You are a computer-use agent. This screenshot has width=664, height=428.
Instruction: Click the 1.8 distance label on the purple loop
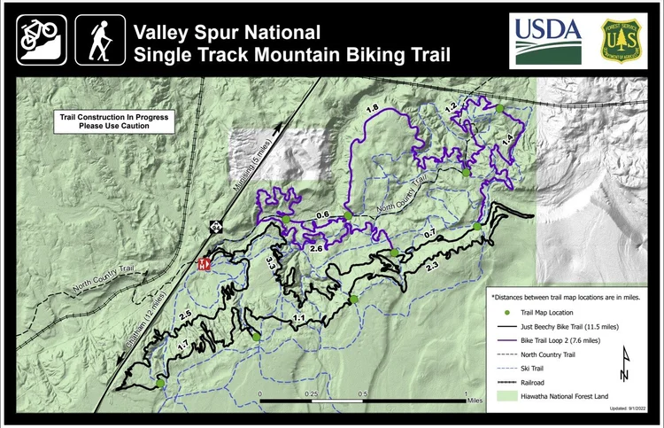pos(373,108)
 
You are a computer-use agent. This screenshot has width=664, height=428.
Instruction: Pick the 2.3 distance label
pos(432,267)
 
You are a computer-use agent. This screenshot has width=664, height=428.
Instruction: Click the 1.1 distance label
pos(299,318)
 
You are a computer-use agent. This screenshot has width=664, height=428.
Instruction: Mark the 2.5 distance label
pos(185,315)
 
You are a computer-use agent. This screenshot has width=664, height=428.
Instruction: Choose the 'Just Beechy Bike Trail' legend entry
pos(566,327)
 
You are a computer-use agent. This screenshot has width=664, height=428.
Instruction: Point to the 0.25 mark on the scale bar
pos(312,393)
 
